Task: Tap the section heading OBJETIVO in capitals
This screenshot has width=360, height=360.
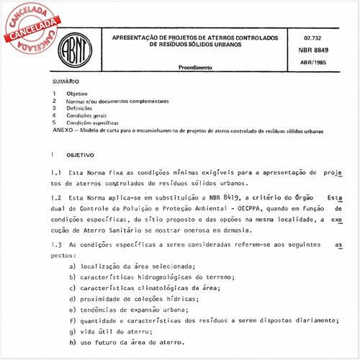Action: click(80, 155)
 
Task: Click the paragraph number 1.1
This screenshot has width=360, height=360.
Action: click(55, 174)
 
